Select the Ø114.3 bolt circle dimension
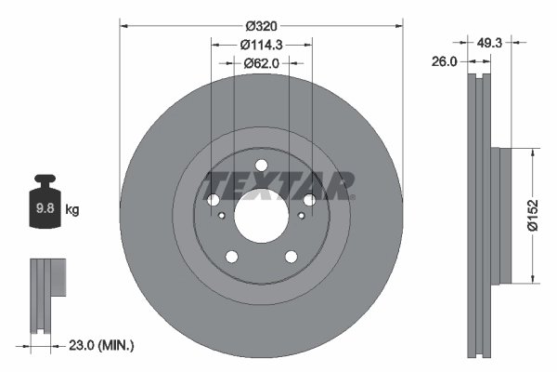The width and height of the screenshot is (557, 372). [x=261, y=45]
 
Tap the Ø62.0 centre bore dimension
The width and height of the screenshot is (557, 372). [x=261, y=63]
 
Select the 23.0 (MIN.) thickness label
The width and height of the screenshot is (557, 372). [x=102, y=345]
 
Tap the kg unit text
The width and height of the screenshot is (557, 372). [x=72, y=210]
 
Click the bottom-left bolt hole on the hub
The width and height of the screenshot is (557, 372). [x=232, y=257]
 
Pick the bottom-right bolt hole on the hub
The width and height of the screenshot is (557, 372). [x=291, y=257]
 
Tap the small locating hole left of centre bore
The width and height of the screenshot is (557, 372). [x=223, y=216]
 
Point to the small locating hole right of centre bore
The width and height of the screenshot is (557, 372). [x=300, y=216]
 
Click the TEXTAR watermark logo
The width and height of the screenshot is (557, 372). [x=278, y=185]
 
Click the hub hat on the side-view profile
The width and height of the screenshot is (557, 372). [x=502, y=214]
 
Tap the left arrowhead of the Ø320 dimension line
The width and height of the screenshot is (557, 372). [x=125, y=25]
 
